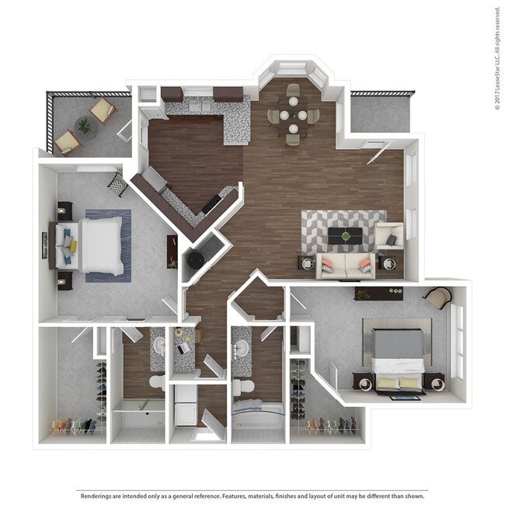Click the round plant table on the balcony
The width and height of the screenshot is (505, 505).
click(84, 125)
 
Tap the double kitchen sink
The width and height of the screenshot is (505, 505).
click(198, 106)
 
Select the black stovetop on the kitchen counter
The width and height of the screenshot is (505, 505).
click(212, 204)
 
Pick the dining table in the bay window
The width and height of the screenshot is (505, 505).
click(293, 116)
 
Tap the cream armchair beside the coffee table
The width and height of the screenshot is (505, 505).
click(388, 235)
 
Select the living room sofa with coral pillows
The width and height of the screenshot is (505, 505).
click(344, 265)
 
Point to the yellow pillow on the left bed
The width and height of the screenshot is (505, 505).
click(72, 246)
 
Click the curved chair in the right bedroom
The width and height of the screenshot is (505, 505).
click(438, 298)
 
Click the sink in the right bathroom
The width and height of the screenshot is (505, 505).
click(242, 347)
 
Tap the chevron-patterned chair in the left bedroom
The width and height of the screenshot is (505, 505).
click(117, 184)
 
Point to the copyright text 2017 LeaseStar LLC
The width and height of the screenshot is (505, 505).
click(497, 58)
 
